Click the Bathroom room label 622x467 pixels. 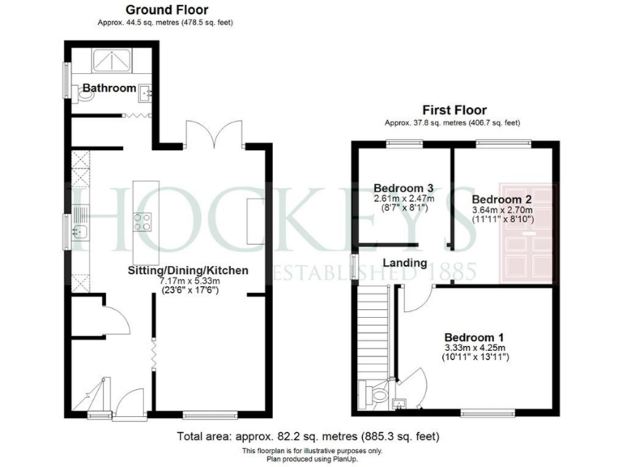109,88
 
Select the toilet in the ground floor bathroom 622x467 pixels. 85,96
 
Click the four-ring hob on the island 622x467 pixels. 143,221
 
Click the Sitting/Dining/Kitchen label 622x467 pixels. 187,270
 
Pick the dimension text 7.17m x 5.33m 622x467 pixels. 187,281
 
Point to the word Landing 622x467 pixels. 405,263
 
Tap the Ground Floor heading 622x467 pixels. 167,10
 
